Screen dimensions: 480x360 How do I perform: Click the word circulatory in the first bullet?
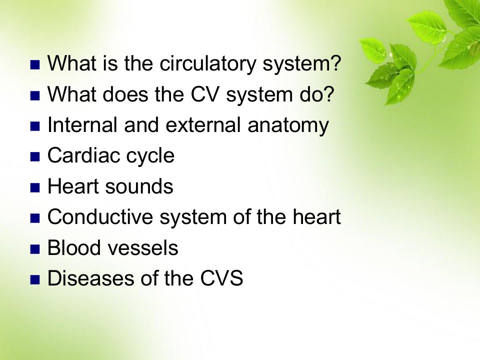point(207,63)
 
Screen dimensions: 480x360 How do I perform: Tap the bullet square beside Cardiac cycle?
point(35,157)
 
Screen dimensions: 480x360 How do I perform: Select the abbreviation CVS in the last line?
point(221,278)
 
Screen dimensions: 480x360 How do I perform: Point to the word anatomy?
point(288,126)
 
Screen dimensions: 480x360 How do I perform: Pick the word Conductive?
point(100,216)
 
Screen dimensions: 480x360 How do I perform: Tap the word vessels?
point(143,247)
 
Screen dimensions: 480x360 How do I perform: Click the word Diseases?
point(91,278)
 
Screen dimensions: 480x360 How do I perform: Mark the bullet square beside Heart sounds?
point(35,187)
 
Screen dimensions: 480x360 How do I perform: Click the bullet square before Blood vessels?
point(35,249)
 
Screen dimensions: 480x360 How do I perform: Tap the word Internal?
point(82,125)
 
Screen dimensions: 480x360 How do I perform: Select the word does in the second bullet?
point(125,94)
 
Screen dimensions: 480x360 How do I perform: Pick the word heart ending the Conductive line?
point(316,216)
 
